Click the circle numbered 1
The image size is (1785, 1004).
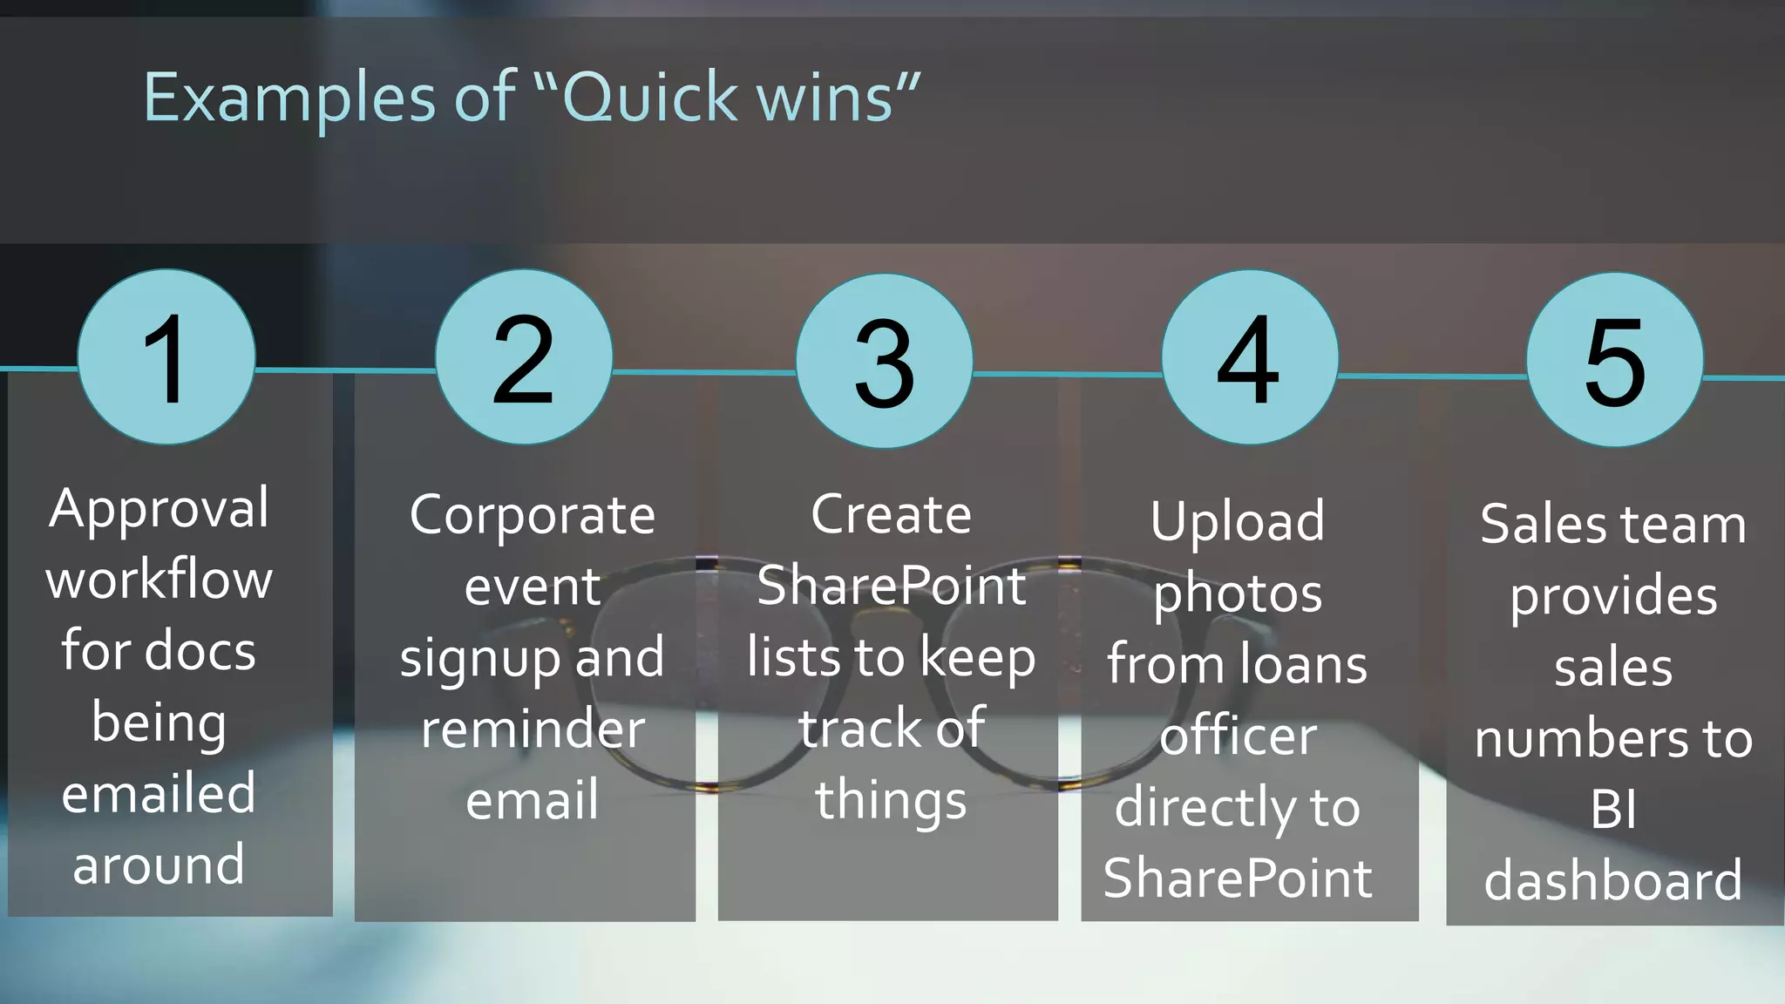[166, 357]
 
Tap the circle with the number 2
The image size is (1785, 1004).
[524, 357]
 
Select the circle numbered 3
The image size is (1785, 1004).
[884, 361]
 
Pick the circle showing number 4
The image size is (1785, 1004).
[1249, 357]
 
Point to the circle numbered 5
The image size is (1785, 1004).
[1614, 360]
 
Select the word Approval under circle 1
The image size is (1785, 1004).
[159, 509]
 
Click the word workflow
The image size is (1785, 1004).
[159, 580]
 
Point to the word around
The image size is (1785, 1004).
[159, 865]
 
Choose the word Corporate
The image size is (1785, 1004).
[532, 516]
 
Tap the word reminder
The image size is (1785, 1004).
[532, 729]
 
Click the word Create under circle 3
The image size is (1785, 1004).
[891, 515]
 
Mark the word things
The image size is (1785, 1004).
[891, 801]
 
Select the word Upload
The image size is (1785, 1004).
[1237, 522]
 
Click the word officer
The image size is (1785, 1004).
[1237, 736]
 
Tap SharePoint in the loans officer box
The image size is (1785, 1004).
[1237, 878]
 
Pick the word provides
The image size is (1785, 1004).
[1613, 598]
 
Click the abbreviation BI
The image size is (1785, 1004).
[1613, 811]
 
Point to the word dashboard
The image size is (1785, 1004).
[1613, 880]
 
